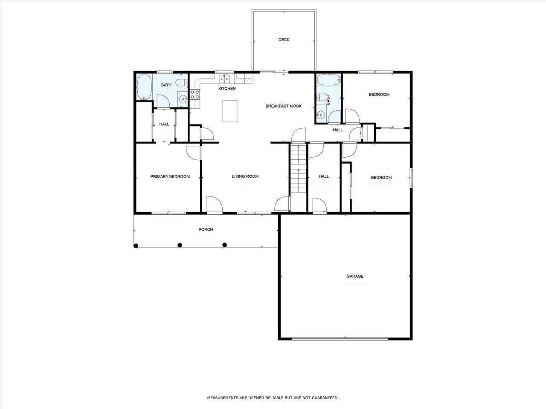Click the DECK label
(x=284, y=40)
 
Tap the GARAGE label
(x=355, y=276)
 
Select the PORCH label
(x=206, y=230)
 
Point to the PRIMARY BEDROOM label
(x=170, y=176)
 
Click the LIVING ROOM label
(x=245, y=176)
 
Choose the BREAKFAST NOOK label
(x=284, y=106)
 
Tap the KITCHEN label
(x=227, y=89)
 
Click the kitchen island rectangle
(x=230, y=111)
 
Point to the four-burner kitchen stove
(x=195, y=94)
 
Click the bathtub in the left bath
(x=144, y=87)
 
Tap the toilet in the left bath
(x=182, y=82)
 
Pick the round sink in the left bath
(x=183, y=99)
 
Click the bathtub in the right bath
(x=328, y=80)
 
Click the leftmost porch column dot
(x=136, y=246)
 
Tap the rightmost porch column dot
(x=225, y=245)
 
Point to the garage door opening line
(x=340, y=339)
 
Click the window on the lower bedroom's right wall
(x=412, y=178)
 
